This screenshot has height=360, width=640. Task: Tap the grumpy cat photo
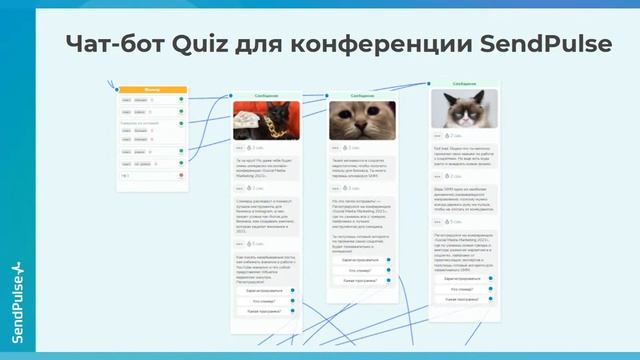(x=464, y=109)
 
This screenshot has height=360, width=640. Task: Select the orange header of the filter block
(x=152, y=90)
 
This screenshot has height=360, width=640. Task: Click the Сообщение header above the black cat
(x=263, y=96)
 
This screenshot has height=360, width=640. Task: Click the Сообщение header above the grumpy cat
(x=464, y=84)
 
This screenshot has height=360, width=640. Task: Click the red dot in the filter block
(x=181, y=176)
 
